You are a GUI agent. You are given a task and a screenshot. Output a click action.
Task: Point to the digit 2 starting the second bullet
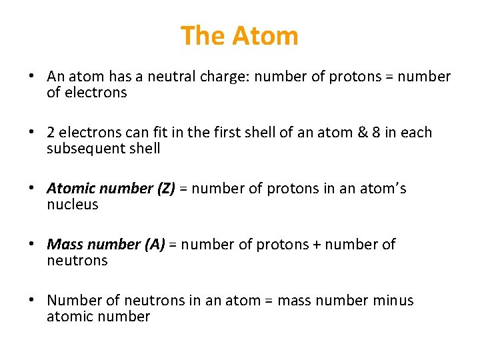point(51,133)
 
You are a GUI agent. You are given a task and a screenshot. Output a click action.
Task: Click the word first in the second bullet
point(229,133)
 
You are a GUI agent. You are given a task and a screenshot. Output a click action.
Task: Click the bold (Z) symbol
point(165,189)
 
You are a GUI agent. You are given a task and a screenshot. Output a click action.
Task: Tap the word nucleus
point(72,205)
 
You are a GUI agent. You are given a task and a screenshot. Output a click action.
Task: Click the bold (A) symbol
point(154,245)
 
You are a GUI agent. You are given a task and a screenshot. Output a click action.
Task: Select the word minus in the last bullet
point(393,301)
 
